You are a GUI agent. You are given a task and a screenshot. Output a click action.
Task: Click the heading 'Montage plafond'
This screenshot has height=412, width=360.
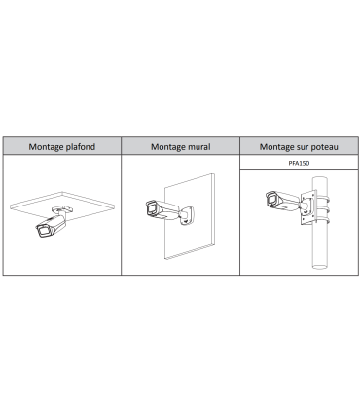(62, 147)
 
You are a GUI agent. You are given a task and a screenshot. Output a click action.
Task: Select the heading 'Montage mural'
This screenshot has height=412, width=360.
(181, 147)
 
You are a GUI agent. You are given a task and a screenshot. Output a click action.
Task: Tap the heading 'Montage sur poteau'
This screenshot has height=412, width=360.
(299, 147)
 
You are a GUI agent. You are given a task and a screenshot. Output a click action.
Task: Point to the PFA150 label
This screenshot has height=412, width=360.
(299, 163)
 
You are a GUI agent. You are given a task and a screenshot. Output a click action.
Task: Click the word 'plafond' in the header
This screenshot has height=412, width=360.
(81, 147)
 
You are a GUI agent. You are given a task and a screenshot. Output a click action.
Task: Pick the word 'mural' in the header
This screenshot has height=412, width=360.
(199, 147)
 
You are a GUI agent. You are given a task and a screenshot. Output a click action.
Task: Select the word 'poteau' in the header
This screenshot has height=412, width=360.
(325, 147)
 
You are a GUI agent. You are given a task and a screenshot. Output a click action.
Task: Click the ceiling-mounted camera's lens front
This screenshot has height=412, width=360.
(43, 231)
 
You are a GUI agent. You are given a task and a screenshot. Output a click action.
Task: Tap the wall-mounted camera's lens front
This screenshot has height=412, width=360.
(151, 208)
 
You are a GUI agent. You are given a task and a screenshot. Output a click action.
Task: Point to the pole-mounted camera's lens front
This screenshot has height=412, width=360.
(271, 199)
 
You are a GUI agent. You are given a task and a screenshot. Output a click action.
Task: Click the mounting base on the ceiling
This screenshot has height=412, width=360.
(62, 208)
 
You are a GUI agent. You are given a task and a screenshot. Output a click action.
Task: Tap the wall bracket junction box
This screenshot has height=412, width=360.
(188, 216)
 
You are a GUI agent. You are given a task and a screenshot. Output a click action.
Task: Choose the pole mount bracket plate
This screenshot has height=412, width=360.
(308, 208)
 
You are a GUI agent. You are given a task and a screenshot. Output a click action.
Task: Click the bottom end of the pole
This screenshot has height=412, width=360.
(320, 267)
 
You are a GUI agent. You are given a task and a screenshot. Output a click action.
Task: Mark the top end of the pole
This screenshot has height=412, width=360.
(320, 179)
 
